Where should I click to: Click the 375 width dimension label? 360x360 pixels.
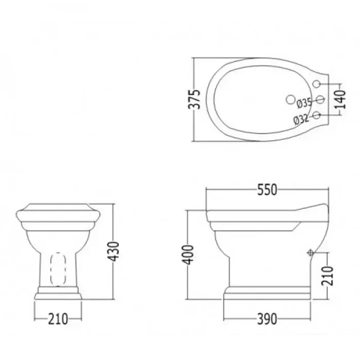pyautogui.click(x=194, y=99)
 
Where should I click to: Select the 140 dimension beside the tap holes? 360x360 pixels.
pyautogui.click(x=339, y=99)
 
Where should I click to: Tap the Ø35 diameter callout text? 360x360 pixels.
pyautogui.click(x=304, y=103)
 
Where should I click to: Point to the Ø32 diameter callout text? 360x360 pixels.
pyautogui.click(x=301, y=119)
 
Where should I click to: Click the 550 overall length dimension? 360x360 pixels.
pyautogui.click(x=267, y=190)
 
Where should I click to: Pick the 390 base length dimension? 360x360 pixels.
pyautogui.click(x=267, y=319)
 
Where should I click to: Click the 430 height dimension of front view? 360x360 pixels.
pyautogui.click(x=114, y=251)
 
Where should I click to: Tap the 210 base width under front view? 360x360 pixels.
pyautogui.click(x=58, y=319)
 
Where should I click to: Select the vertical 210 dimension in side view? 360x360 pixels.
pyautogui.click(x=327, y=276)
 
